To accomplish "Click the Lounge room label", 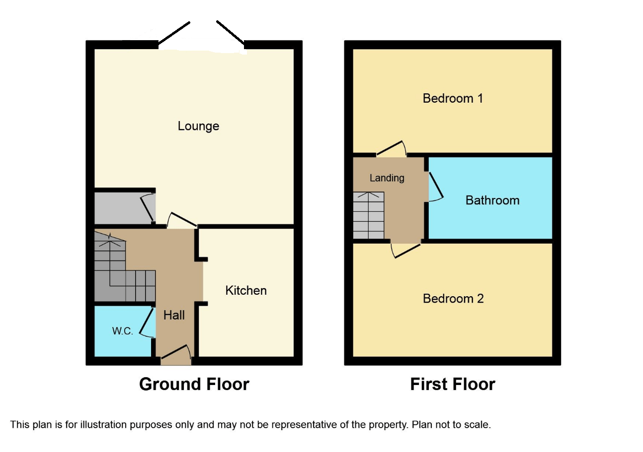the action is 198,126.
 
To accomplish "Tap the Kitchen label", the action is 246,291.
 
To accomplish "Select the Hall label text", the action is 174,315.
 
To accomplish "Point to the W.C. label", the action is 123,331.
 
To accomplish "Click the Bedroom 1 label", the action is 453,98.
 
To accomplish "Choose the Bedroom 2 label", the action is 453,299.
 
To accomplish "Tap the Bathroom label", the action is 492,200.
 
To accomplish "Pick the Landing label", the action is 387,178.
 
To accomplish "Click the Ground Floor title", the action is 194,385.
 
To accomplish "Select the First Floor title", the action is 453,385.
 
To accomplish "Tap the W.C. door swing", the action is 147,323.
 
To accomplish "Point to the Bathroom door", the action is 436,186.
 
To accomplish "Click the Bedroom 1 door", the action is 391,148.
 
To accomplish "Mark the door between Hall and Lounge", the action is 182,220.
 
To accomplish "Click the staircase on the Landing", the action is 369,215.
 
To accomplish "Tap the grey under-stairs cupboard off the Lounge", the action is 125,208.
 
